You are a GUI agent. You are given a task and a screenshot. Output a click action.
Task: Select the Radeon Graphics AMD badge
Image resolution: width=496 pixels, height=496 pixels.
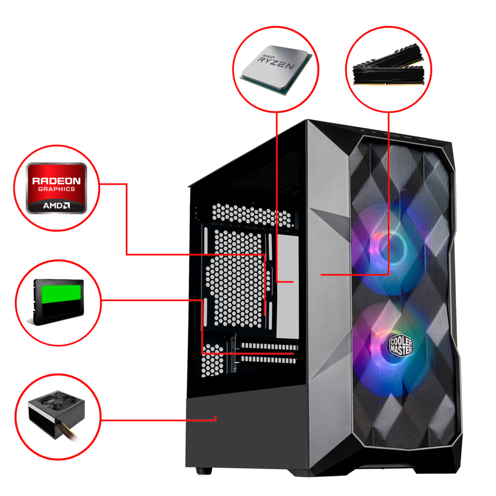point(57,188)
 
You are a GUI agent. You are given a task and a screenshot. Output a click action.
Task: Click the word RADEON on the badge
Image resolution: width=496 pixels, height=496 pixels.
point(56,181)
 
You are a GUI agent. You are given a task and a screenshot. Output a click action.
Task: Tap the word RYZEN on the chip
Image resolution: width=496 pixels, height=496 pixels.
point(276,63)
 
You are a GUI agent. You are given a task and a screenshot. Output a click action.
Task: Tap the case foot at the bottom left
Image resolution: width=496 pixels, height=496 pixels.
point(204,470)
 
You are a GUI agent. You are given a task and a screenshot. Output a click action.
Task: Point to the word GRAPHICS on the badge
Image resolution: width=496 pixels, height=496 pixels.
point(57,189)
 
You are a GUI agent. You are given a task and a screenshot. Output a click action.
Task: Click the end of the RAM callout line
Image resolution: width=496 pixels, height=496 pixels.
point(322,275)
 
